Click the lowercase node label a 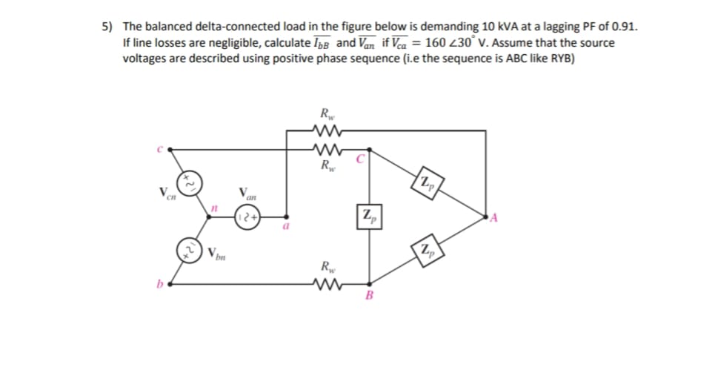[285, 230]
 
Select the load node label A [491, 217]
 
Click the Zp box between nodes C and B [368, 218]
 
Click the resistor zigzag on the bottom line [326, 283]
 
